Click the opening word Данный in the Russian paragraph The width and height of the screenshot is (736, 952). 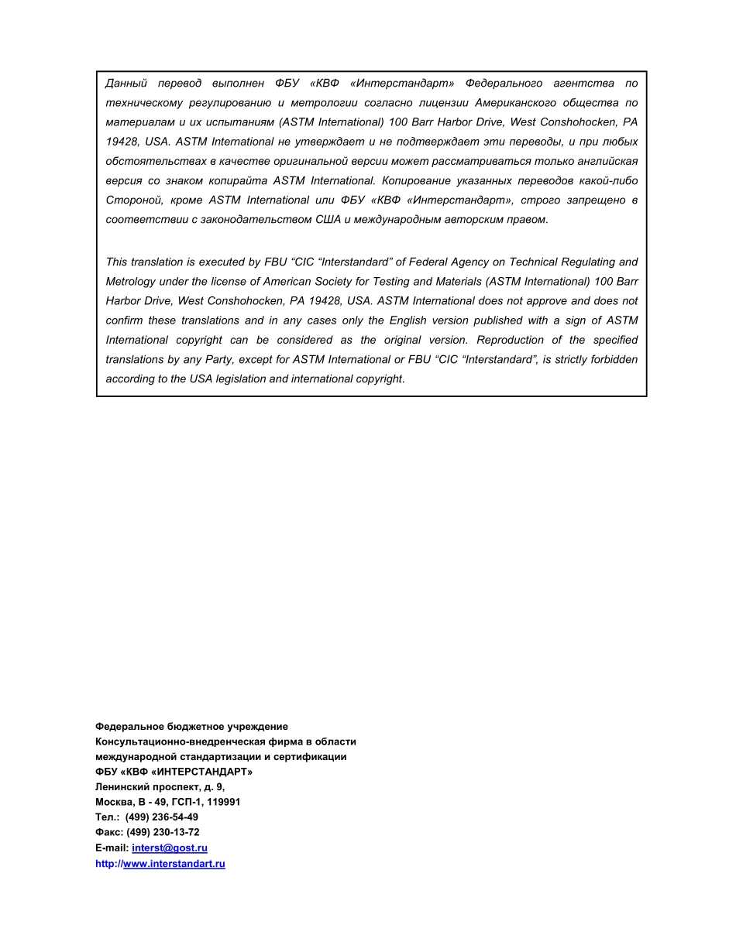click(x=126, y=84)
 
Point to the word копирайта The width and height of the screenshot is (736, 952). click(x=237, y=180)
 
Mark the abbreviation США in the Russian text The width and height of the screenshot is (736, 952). click(x=328, y=219)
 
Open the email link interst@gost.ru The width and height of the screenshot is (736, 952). click(x=170, y=848)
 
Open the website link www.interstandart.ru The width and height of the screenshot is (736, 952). click(x=174, y=864)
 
